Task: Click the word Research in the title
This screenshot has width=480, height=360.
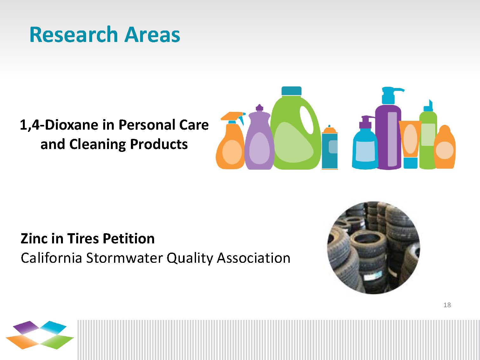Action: pos(74,34)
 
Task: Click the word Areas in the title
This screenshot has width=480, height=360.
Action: pos(152,34)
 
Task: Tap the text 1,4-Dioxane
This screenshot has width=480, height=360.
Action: pos(59,125)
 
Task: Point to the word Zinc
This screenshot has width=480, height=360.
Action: pos(34,238)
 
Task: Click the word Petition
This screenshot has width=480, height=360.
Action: pos(129,238)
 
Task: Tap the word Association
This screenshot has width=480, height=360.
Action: pos(254,258)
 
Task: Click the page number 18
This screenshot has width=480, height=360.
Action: pos(447,305)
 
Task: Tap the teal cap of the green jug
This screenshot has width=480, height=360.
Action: pos(291,91)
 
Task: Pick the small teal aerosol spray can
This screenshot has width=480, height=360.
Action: pos(329,147)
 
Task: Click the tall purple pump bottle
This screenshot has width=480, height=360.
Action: pos(389,129)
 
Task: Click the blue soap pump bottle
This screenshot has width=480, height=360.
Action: pos(365,143)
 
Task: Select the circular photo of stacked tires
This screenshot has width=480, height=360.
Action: pos(374,248)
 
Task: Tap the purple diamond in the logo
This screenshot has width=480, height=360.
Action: pos(26,327)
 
